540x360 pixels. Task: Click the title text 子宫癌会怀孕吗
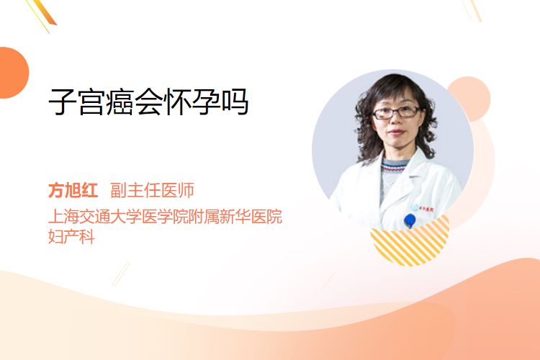[148, 102]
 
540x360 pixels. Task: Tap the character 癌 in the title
[120, 102]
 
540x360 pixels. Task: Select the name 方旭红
[73, 190]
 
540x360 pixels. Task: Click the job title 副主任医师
[152, 190]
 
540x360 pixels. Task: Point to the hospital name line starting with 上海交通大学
[166, 216]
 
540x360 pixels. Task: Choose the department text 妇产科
[71, 237]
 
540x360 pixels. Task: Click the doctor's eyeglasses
[396, 112]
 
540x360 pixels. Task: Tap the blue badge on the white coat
[410, 220]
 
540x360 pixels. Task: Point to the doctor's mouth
[397, 132]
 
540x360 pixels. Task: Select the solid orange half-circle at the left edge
[13, 73]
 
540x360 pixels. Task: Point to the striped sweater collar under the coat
[395, 166]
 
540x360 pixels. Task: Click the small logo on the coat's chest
[422, 208]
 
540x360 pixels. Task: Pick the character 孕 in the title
[206, 102]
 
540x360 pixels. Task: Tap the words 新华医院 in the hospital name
[251, 216]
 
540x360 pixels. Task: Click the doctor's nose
[395, 120]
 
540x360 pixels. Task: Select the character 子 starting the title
[63, 102]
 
